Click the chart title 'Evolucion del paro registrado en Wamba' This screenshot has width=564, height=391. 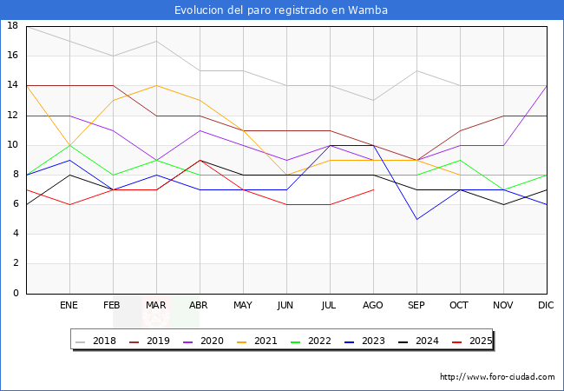click(x=281, y=10)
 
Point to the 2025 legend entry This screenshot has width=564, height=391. click(x=468, y=341)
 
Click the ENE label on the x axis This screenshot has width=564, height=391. click(x=69, y=306)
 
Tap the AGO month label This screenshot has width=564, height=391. click(x=373, y=306)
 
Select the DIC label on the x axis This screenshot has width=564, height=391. click(x=547, y=306)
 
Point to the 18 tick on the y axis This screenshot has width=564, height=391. click(x=13, y=26)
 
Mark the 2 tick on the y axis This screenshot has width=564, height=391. click(x=16, y=263)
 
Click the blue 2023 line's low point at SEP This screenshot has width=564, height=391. click(x=416, y=219)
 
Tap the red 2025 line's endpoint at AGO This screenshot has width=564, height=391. click(x=373, y=189)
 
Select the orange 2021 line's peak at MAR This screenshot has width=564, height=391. click(x=156, y=85)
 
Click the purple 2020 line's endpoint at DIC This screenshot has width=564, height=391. click(x=547, y=85)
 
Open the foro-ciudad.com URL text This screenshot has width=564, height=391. click(x=497, y=377)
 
